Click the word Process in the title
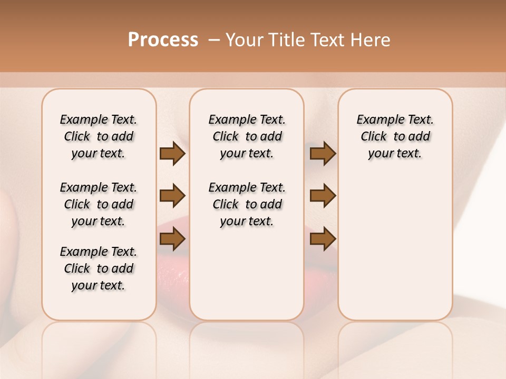[163, 40]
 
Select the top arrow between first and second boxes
[172, 154]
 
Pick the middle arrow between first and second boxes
[172, 196]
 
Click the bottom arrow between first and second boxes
[172, 239]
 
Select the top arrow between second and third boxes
[323, 154]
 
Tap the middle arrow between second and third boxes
[323, 196]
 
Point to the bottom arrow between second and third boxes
[323, 239]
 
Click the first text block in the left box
[99, 136]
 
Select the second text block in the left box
[99, 204]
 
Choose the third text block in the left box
[99, 268]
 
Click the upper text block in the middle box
[247, 136]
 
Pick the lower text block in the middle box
[247, 204]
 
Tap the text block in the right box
[395, 136]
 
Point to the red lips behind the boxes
[173, 263]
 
